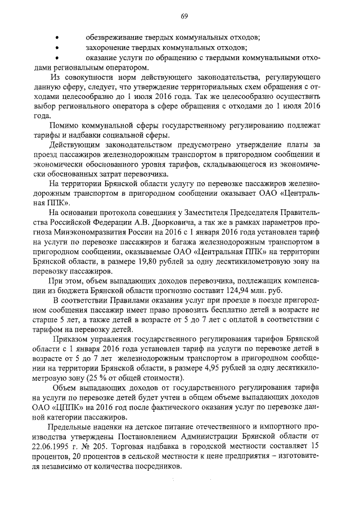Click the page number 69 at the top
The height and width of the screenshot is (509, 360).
pos(183,16)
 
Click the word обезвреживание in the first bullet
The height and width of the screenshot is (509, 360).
pos(113,37)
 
